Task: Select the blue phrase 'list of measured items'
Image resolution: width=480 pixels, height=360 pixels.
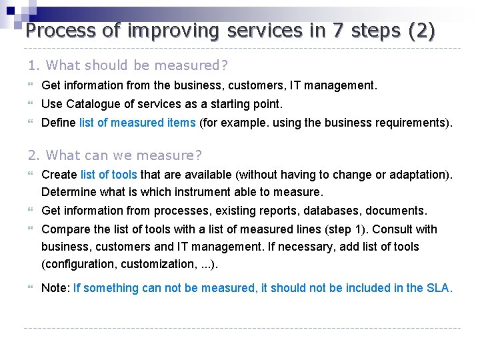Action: point(137,123)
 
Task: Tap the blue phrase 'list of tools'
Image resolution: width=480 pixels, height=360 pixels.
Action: point(109,175)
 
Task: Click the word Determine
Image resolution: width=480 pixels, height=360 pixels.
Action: point(67,192)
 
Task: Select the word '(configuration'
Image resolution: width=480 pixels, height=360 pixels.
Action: point(79,264)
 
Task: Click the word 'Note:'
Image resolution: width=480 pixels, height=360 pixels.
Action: point(55,288)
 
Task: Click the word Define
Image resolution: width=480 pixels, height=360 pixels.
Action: point(59,123)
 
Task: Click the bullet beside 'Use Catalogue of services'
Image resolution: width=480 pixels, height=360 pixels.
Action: point(31,104)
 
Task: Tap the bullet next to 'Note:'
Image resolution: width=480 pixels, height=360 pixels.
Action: point(31,288)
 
